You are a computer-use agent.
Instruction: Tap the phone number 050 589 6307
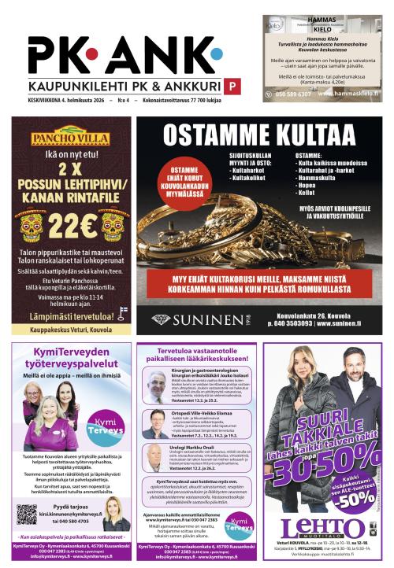(294, 95)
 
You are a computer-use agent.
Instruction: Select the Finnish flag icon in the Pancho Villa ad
(121, 312)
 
